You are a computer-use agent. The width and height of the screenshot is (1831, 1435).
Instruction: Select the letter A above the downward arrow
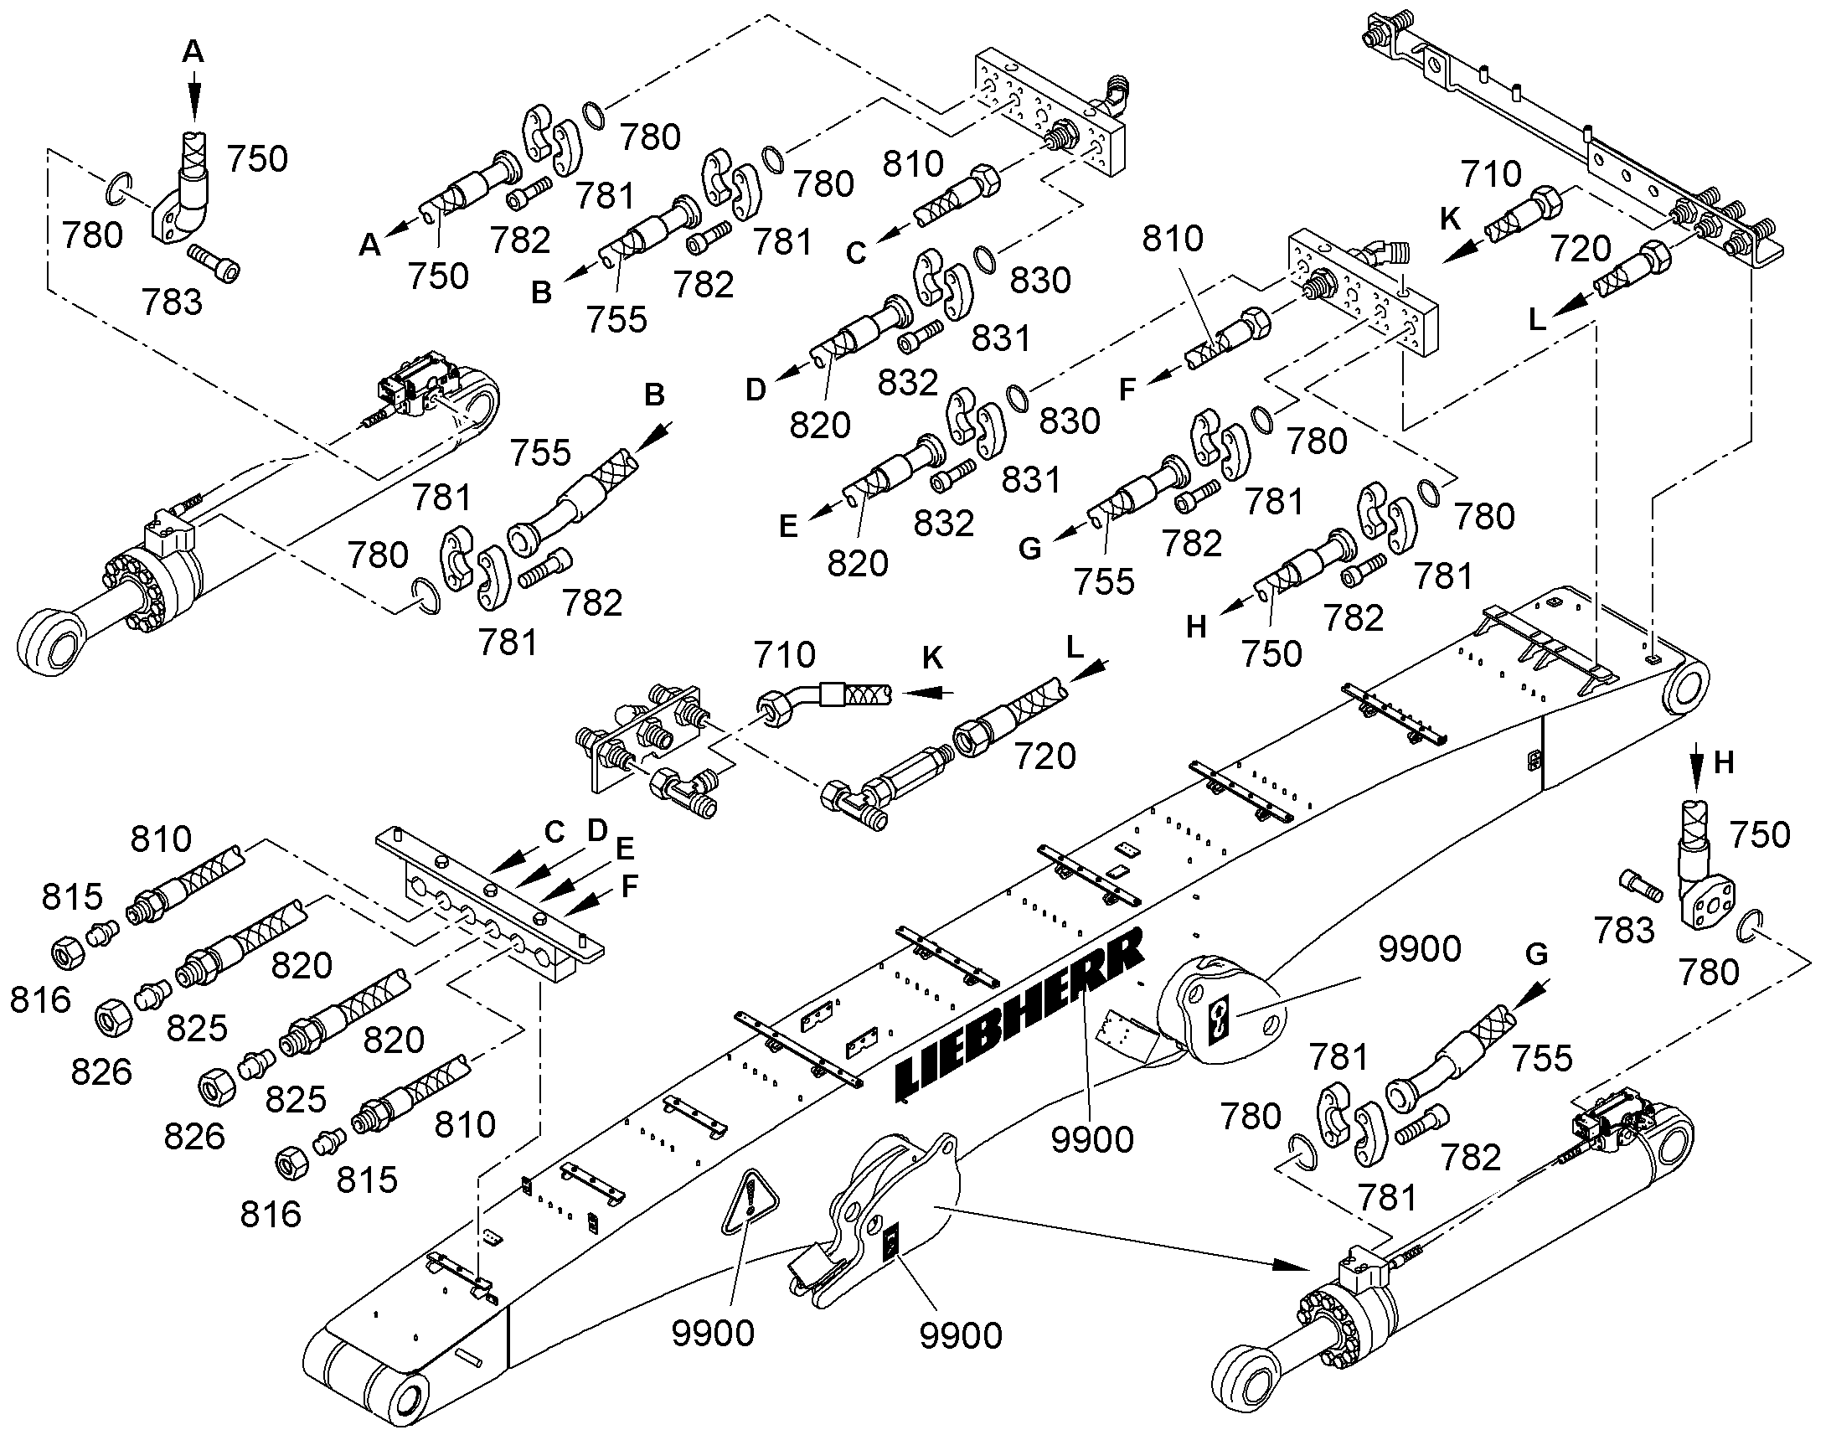click(x=193, y=52)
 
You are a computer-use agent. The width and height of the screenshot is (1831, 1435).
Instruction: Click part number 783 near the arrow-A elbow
click(x=173, y=302)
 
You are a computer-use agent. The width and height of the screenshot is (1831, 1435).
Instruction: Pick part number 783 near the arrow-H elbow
click(x=1623, y=930)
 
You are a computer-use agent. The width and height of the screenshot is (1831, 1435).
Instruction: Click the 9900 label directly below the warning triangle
click(x=713, y=1334)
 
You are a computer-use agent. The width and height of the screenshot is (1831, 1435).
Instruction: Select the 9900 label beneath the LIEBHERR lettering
click(x=1093, y=1139)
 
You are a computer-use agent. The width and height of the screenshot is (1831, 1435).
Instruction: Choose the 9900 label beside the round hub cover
click(x=1421, y=948)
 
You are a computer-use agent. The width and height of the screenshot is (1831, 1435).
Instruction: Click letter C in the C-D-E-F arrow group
click(x=554, y=832)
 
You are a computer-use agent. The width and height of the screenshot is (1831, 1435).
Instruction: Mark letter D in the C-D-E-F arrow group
click(x=597, y=830)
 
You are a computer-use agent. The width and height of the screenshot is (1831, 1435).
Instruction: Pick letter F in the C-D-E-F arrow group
click(x=630, y=885)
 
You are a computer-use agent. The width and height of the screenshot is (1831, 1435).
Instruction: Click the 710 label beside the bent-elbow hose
click(x=785, y=654)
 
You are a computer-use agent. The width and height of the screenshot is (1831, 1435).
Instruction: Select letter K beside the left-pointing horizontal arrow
click(x=932, y=658)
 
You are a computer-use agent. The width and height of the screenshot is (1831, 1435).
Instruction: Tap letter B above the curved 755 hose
click(x=654, y=394)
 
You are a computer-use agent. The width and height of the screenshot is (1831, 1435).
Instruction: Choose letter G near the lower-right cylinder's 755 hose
click(x=1536, y=953)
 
